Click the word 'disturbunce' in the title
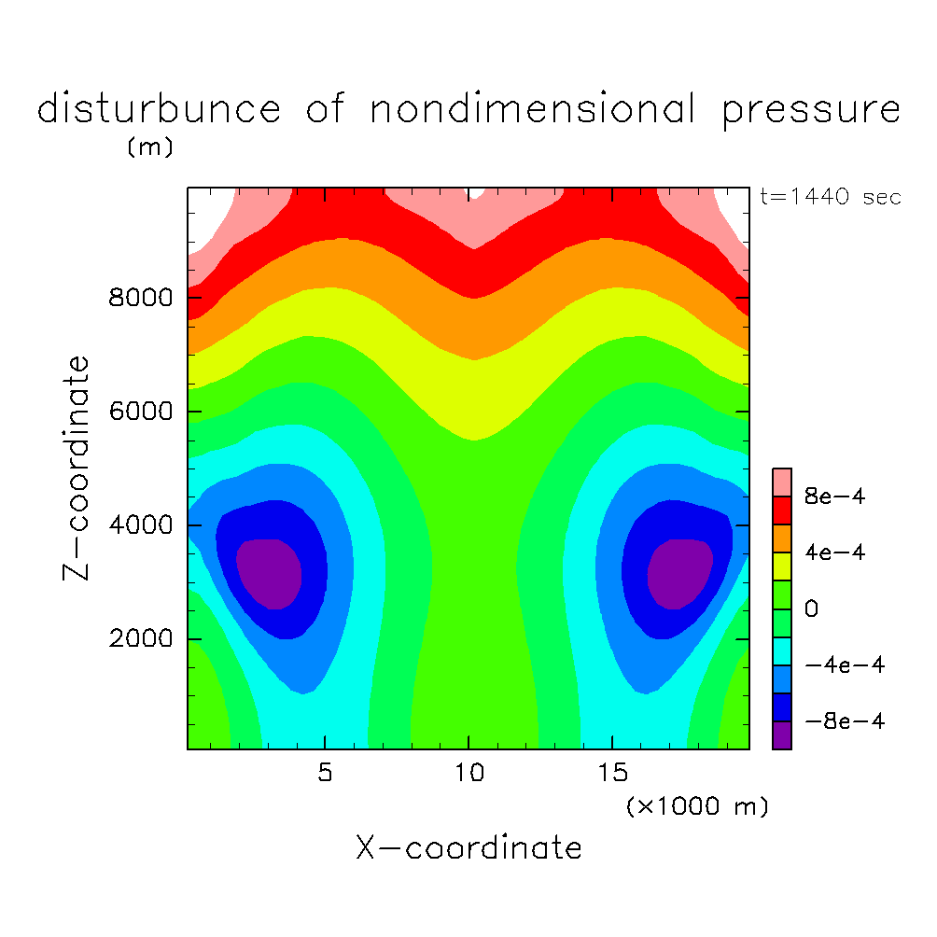pyautogui.click(x=159, y=110)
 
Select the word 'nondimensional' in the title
pyautogui.click(x=533, y=110)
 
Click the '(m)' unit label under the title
pyautogui.click(x=149, y=148)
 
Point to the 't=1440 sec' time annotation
pyautogui.click(x=832, y=198)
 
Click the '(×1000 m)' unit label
pyautogui.click(x=697, y=806)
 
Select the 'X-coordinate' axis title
pyautogui.click(x=468, y=848)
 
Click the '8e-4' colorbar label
pyautogui.click(x=835, y=497)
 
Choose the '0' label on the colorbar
pyautogui.click(x=812, y=609)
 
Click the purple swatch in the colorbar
pyautogui.click(x=782, y=734)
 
